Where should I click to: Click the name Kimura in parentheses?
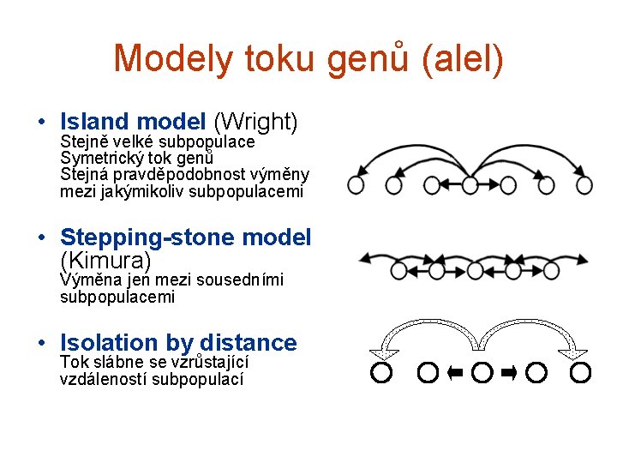pyautogui.click(x=106, y=259)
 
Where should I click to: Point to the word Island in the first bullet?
pyautogui.click(x=94, y=123)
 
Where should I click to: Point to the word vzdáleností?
pyautogui.click(x=104, y=378)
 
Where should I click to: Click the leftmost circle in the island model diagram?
pyautogui.click(x=356, y=183)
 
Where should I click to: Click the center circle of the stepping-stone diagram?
pyautogui.click(x=472, y=271)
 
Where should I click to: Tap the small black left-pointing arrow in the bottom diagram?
pyautogui.click(x=455, y=372)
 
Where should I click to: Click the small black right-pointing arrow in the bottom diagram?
pyautogui.click(x=509, y=372)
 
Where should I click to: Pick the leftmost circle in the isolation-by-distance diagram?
pyautogui.click(x=381, y=372)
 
